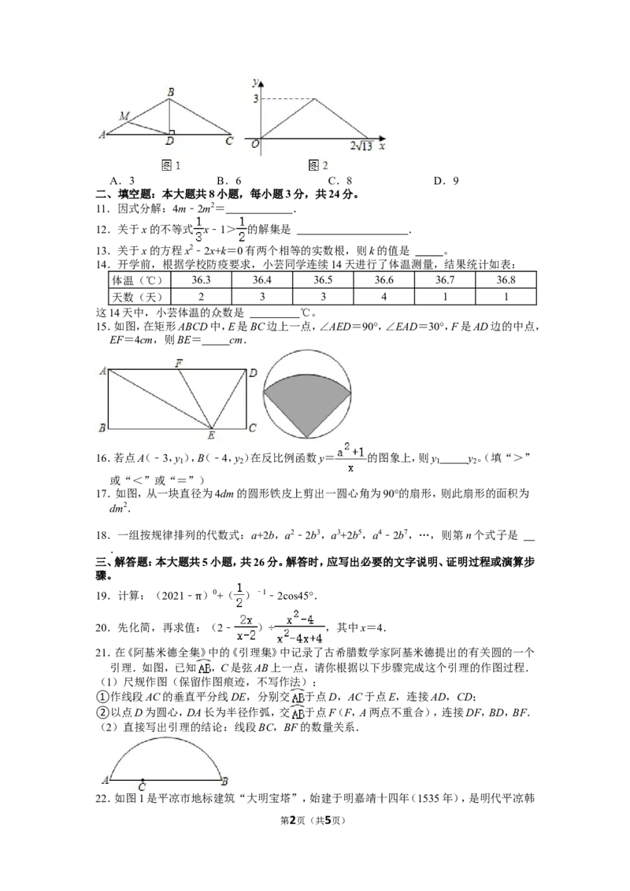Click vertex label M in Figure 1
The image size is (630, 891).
pyautogui.click(x=124, y=116)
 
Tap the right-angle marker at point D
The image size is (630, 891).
pyautogui.click(x=171, y=132)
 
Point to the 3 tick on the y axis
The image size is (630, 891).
pyautogui.click(x=256, y=99)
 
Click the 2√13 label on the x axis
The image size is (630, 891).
pyautogui.click(x=361, y=146)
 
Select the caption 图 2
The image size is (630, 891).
pyautogui.click(x=318, y=165)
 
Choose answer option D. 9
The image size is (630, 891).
pyautogui.click(x=446, y=181)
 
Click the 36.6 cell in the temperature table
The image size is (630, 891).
pyautogui.click(x=384, y=279)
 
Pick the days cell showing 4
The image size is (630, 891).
pyautogui.click(x=384, y=297)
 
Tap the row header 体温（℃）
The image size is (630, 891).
pyautogui.click(x=138, y=280)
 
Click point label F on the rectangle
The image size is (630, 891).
pyautogui.click(x=179, y=363)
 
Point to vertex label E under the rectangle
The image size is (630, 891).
pyautogui.click(x=211, y=436)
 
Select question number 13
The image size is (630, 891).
pyautogui.click(x=102, y=250)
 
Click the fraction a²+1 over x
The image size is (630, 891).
pyautogui.click(x=350, y=459)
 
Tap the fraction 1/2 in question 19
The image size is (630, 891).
pyautogui.click(x=239, y=595)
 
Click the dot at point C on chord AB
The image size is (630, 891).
pyautogui.click(x=143, y=781)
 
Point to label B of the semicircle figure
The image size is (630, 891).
pyautogui.click(x=225, y=781)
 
